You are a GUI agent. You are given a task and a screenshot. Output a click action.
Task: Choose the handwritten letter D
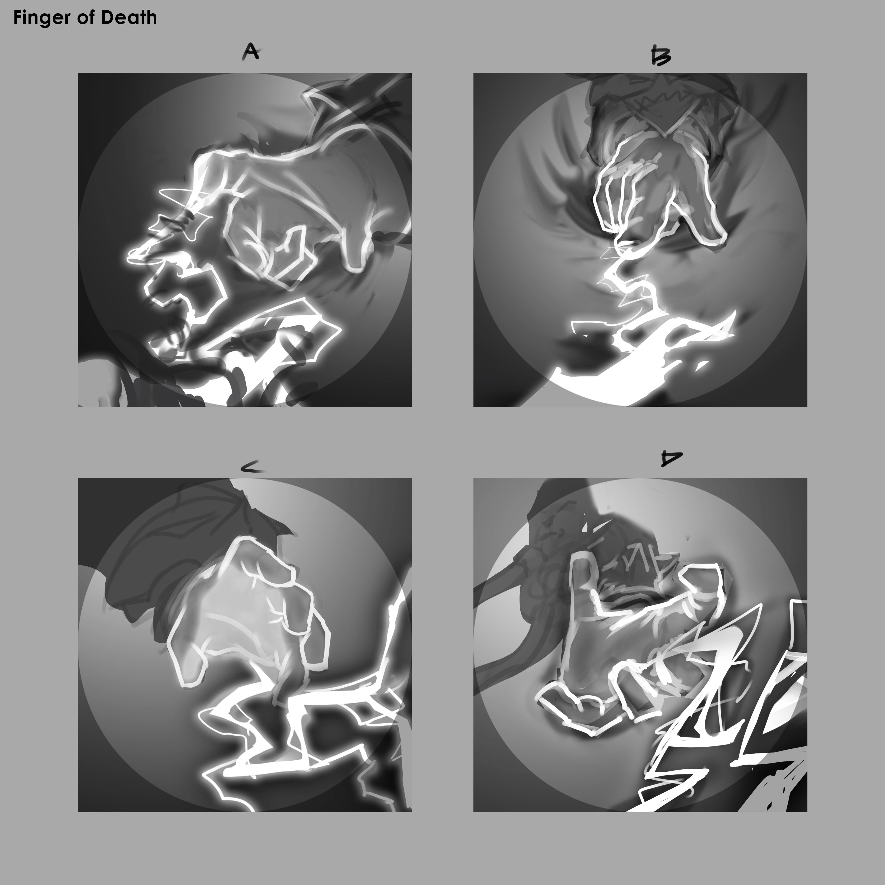coord(671,458)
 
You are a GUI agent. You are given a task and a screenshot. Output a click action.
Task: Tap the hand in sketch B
coord(660,192)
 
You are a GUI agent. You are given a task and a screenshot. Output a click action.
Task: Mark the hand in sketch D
coord(632,641)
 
